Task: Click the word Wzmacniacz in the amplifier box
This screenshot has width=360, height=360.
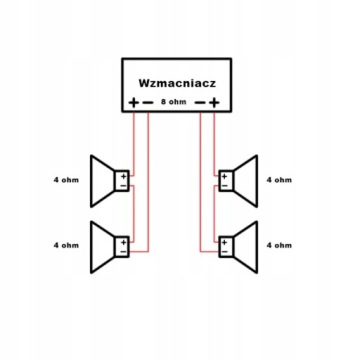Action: point(177,83)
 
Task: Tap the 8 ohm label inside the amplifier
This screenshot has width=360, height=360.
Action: point(173,102)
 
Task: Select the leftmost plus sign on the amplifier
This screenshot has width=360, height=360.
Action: point(133,103)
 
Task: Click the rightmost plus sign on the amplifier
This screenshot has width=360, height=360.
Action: point(214,103)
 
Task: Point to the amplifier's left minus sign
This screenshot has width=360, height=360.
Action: point(147,103)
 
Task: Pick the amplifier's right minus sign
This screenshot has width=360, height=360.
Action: point(200,103)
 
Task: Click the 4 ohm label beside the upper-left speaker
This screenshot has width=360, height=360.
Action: point(66,180)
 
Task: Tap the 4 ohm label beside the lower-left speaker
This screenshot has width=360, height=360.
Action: point(66,245)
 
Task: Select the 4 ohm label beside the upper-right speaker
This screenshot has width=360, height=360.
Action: point(279,180)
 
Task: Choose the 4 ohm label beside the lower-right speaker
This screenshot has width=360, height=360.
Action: point(279,245)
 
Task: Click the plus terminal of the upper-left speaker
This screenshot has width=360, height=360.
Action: point(124,176)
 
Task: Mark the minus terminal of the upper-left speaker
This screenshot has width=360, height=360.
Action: point(124,185)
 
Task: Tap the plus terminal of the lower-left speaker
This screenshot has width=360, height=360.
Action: point(124,242)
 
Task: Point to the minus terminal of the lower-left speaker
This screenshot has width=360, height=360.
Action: point(124,251)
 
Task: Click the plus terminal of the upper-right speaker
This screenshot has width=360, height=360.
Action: point(224,176)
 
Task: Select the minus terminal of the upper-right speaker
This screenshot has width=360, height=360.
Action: point(224,185)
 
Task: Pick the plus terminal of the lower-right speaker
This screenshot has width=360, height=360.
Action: point(224,242)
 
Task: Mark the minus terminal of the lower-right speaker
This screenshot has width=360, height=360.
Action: point(224,251)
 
